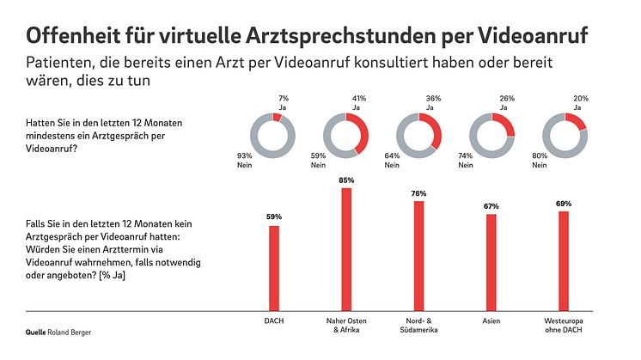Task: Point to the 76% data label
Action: coord(418,193)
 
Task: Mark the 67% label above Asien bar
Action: coord(491,206)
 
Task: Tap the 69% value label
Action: coord(564,203)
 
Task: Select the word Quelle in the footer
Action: coord(35,331)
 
